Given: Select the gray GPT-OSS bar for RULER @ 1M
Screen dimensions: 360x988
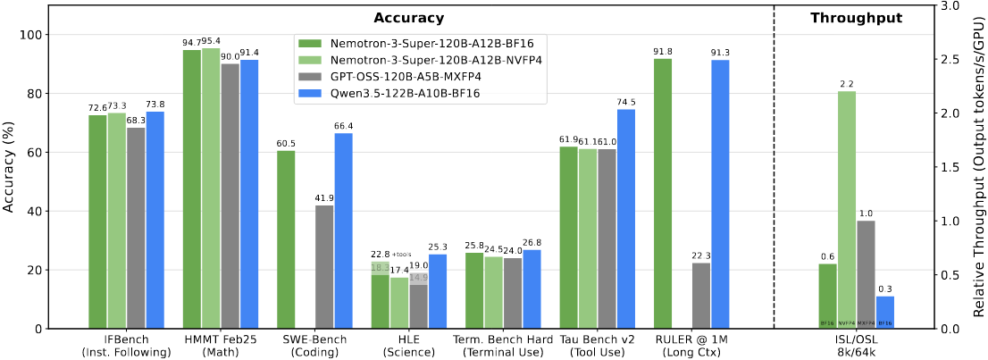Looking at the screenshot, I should [701, 296].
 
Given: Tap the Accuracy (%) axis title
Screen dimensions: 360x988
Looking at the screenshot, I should [11, 168].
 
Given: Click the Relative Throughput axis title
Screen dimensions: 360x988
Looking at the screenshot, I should [978, 167].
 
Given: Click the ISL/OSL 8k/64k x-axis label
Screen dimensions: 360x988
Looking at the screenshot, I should [855, 346].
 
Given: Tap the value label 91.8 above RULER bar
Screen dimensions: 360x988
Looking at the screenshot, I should [663, 52].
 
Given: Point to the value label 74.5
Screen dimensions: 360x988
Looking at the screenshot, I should [626, 103].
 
